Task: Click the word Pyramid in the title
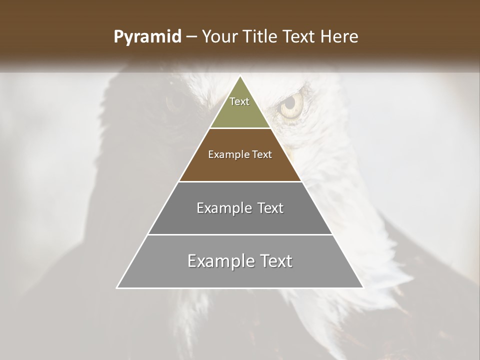(x=147, y=37)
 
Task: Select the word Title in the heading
(x=264, y=36)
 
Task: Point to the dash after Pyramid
(x=191, y=37)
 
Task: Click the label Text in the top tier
(x=239, y=101)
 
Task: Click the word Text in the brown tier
(x=262, y=154)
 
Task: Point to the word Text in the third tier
(x=270, y=208)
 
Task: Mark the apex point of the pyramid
(x=240, y=76)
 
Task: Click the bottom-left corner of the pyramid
(x=117, y=288)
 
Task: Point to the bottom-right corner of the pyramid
(x=363, y=288)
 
